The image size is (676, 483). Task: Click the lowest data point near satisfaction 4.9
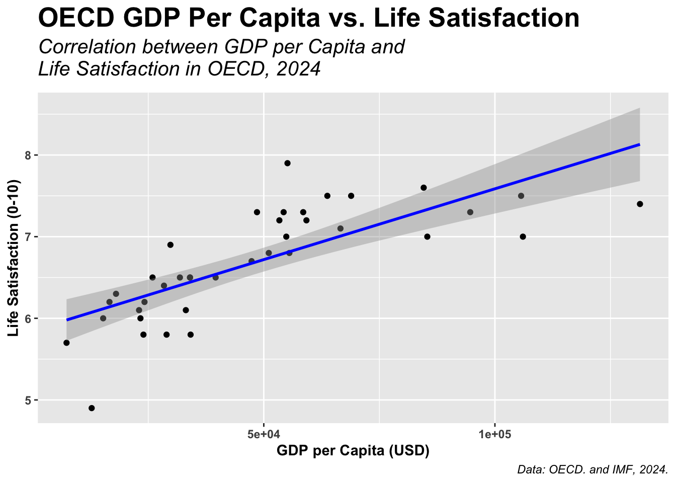pos(92,408)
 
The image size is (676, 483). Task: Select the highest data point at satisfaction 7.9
pos(287,163)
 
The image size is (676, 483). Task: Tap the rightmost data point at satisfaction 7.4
pos(640,204)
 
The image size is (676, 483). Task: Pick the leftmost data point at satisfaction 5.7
pos(66,343)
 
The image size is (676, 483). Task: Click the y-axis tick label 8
pos(29,155)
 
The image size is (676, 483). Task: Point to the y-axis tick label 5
pos(29,400)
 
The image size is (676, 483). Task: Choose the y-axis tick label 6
pos(29,319)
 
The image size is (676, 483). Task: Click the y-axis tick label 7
pos(29,237)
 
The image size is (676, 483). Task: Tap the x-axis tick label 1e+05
pos(495,434)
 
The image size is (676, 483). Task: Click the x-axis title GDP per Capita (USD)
pos(353,451)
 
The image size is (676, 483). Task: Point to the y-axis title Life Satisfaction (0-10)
pos(14,258)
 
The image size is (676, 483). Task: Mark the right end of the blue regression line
pos(639,144)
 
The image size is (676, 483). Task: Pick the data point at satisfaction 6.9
pos(170,245)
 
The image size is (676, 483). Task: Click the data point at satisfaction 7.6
pos(424,188)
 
